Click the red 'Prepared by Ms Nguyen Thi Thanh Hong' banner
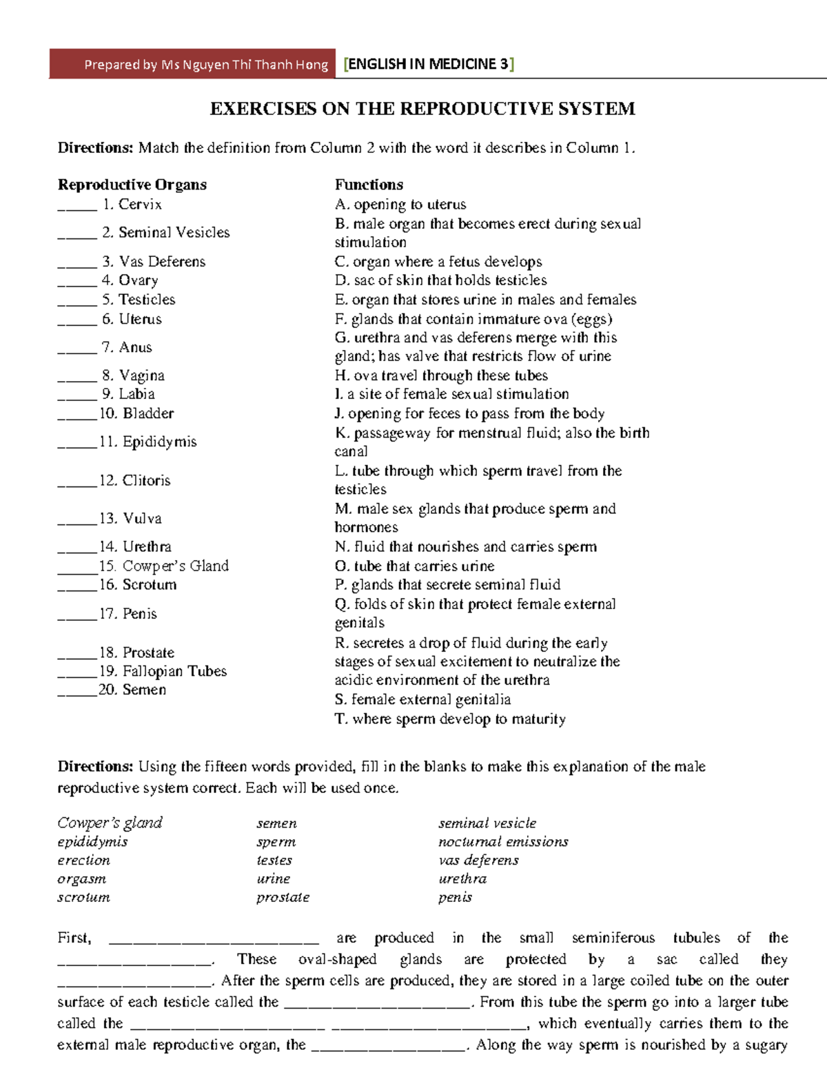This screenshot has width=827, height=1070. click(x=192, y=64)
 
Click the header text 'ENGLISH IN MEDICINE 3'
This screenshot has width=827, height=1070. click(x=429, y=64)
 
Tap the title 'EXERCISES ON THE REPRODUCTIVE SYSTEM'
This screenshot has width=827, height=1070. click(x=422, y=109)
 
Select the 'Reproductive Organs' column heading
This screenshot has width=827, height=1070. click(x=132, y=185)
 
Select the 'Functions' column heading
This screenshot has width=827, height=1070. click(x=369, y=185)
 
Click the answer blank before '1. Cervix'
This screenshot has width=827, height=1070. click(x=77, y=207)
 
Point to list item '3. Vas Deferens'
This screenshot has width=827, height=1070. click(x=154, y=262)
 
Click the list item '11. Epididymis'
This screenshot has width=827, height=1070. click(x=147, y=442)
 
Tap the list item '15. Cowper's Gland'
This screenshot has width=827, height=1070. click(x=163, y=566)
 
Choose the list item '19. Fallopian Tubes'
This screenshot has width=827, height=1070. click(x=163, y=671)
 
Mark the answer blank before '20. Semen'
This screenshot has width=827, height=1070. click(x=77, y=692)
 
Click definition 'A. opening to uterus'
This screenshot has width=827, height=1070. click(x=400, y=205)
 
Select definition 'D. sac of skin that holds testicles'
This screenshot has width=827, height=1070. click(x=440, y=280)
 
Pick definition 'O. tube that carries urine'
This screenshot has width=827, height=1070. click(x=414, y=566)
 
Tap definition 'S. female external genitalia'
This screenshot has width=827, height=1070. click(x=422, y=699)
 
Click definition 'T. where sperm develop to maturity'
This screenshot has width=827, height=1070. click(x=450, y=719)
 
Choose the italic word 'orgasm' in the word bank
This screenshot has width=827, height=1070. click(x=82, y=879)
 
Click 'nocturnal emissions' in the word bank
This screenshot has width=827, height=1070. click(x=503, y=842)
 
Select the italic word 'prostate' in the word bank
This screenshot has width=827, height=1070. click(x=283, y=898)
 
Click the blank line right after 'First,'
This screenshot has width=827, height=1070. click(x=214, y=939)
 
